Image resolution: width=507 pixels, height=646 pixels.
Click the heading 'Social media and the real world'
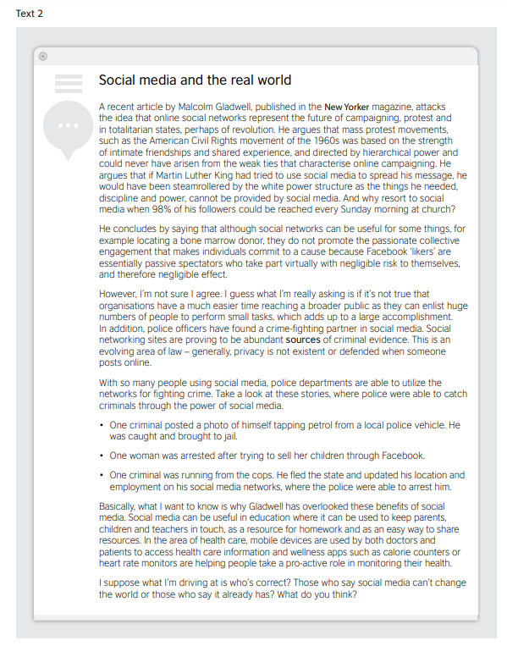click(195, 80)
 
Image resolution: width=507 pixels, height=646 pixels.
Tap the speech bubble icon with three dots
click(67, 127)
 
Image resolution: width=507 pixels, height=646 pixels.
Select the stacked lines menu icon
click(68, 83)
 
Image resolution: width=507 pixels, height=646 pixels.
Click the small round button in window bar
click(43, 56)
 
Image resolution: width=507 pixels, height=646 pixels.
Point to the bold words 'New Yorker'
click(347, 108)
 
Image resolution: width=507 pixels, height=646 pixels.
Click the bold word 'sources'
click(304, 340)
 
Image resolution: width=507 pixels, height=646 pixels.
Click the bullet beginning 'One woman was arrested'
click(267, 456)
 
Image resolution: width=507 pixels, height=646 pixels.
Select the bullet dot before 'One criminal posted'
click(102, 425)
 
